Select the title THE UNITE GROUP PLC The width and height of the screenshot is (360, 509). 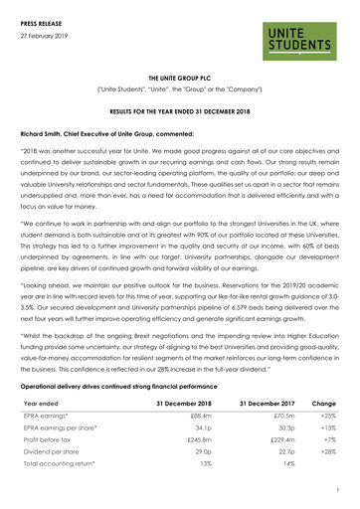tap(179, 75)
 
